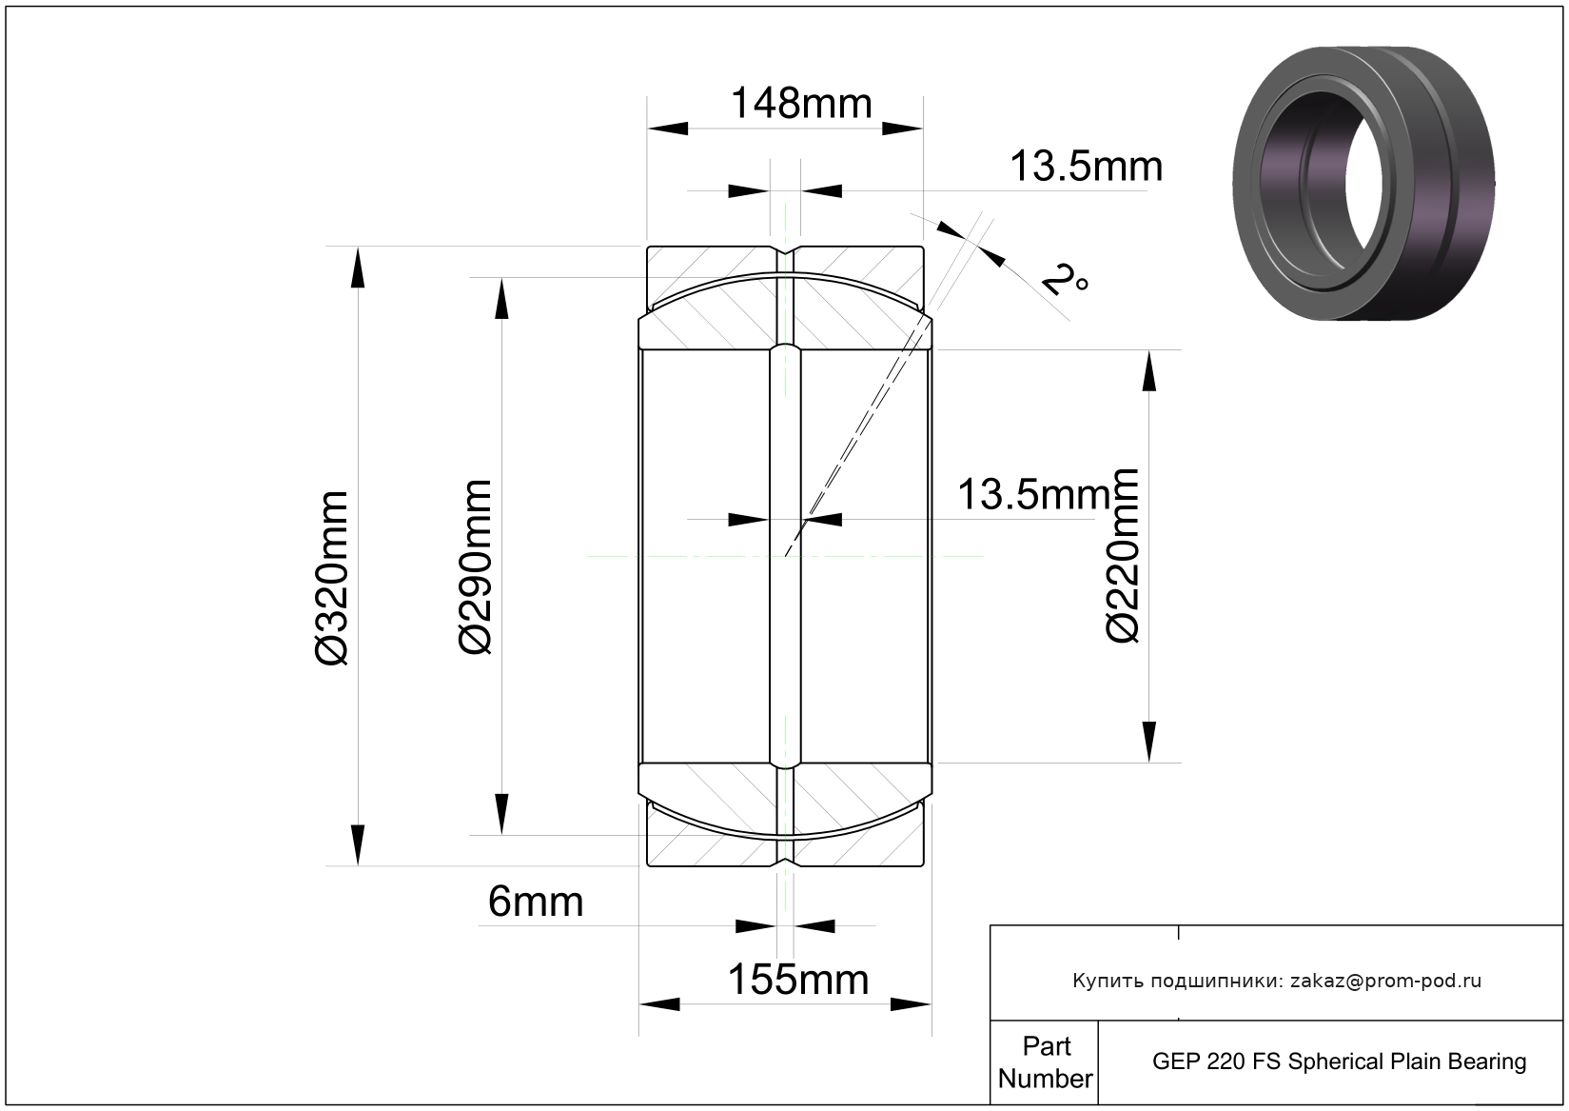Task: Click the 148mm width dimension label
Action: tap(801, 103)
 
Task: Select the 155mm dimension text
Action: tap(797, 980)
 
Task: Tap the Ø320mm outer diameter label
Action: tap(331, 578)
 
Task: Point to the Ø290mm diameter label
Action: tap(476, 567)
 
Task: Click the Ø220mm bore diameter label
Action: tap(1122, 555)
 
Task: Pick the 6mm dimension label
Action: tap(536, 902)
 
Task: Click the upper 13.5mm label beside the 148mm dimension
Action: tap(1086, 167)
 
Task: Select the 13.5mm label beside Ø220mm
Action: tap(1034, 494)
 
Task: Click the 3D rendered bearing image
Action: tap(1363, 184)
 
